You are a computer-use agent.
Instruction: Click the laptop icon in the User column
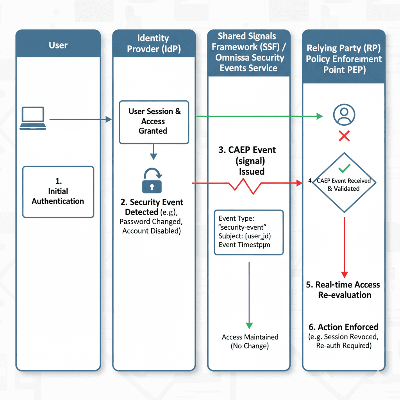coord(33,119)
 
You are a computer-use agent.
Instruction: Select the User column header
coord(58,45)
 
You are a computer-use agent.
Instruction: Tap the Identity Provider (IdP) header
coord(153,44)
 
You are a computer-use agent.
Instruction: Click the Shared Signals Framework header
coord(248,52)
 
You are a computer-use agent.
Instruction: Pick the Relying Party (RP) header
coord(344,59)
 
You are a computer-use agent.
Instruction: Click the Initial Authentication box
coord(58,191)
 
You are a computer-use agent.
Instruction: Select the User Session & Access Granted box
coord(154,121)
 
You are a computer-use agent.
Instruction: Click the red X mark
coord(344,136)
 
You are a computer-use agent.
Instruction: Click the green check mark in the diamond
coord(344,168)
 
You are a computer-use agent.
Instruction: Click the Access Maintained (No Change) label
coord(250,341)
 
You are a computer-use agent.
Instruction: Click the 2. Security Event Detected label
coord(152,207)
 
